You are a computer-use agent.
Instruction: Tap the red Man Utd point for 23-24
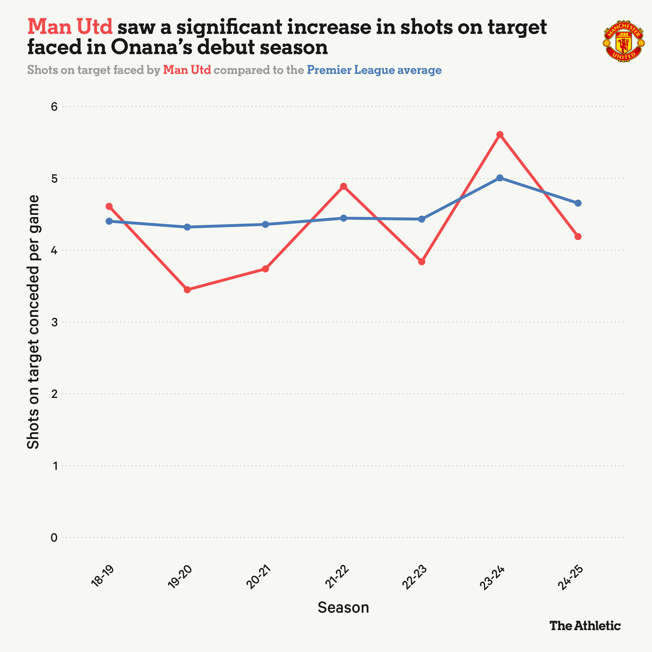500,135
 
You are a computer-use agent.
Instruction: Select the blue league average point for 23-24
500,178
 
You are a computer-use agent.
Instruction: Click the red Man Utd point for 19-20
187,289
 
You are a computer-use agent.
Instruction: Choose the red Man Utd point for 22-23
421,261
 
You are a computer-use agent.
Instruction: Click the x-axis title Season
343,607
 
